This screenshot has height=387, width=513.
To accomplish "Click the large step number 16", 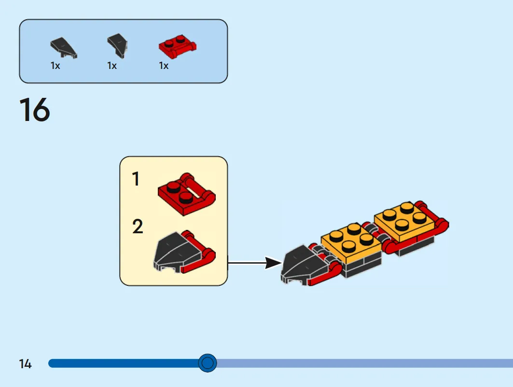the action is coord(35,109).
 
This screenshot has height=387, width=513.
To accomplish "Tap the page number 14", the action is coord(25,364).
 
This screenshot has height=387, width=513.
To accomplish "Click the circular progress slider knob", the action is coord(208,363).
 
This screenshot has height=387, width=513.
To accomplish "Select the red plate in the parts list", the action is coord(178,46).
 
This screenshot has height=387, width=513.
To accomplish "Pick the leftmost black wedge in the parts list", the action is coord(64,48).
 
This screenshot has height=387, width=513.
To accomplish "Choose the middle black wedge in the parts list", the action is coord(117,46).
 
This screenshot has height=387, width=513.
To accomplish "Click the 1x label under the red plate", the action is coord(164,66).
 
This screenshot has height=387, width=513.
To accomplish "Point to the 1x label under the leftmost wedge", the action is coord(55,66).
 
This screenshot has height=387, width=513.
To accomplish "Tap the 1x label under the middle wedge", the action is coord(112,66).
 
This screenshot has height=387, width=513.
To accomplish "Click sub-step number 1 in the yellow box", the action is coord(136,179).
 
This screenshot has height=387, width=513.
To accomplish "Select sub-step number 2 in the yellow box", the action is coord(138,227).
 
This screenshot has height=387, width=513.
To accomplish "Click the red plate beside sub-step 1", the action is coord(186,194).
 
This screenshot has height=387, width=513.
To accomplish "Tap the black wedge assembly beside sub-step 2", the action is coord(184,252).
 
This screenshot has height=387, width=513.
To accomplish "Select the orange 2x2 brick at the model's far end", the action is coord(405,220).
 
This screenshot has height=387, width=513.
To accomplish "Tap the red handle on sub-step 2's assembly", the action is coord(200,254).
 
